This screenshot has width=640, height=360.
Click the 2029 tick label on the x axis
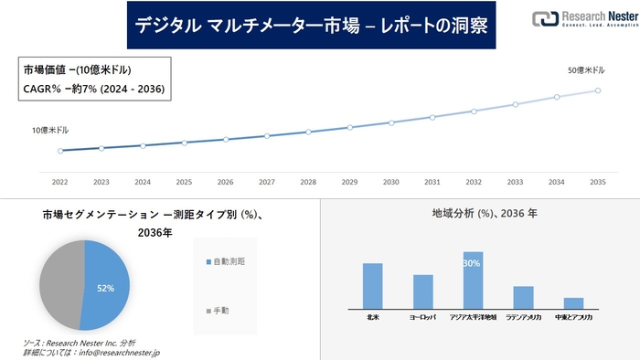[349, 182]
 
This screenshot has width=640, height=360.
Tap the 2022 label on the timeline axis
[60, 182]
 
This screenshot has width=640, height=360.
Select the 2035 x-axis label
[597, 182]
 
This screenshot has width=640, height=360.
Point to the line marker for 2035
[597, 90]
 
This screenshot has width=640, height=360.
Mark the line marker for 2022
[60, 151]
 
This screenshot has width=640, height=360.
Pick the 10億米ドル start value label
[50, 131]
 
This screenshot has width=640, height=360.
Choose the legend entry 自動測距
[229, 262]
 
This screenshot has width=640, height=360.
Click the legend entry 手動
[222, 311]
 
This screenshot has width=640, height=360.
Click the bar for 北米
[372, 286]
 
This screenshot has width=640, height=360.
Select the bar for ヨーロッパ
[422, 291]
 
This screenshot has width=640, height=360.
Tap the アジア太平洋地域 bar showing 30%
[473, 281]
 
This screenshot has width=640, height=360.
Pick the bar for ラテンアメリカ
[523, 297]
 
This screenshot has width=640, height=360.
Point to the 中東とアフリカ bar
[573, 302]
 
